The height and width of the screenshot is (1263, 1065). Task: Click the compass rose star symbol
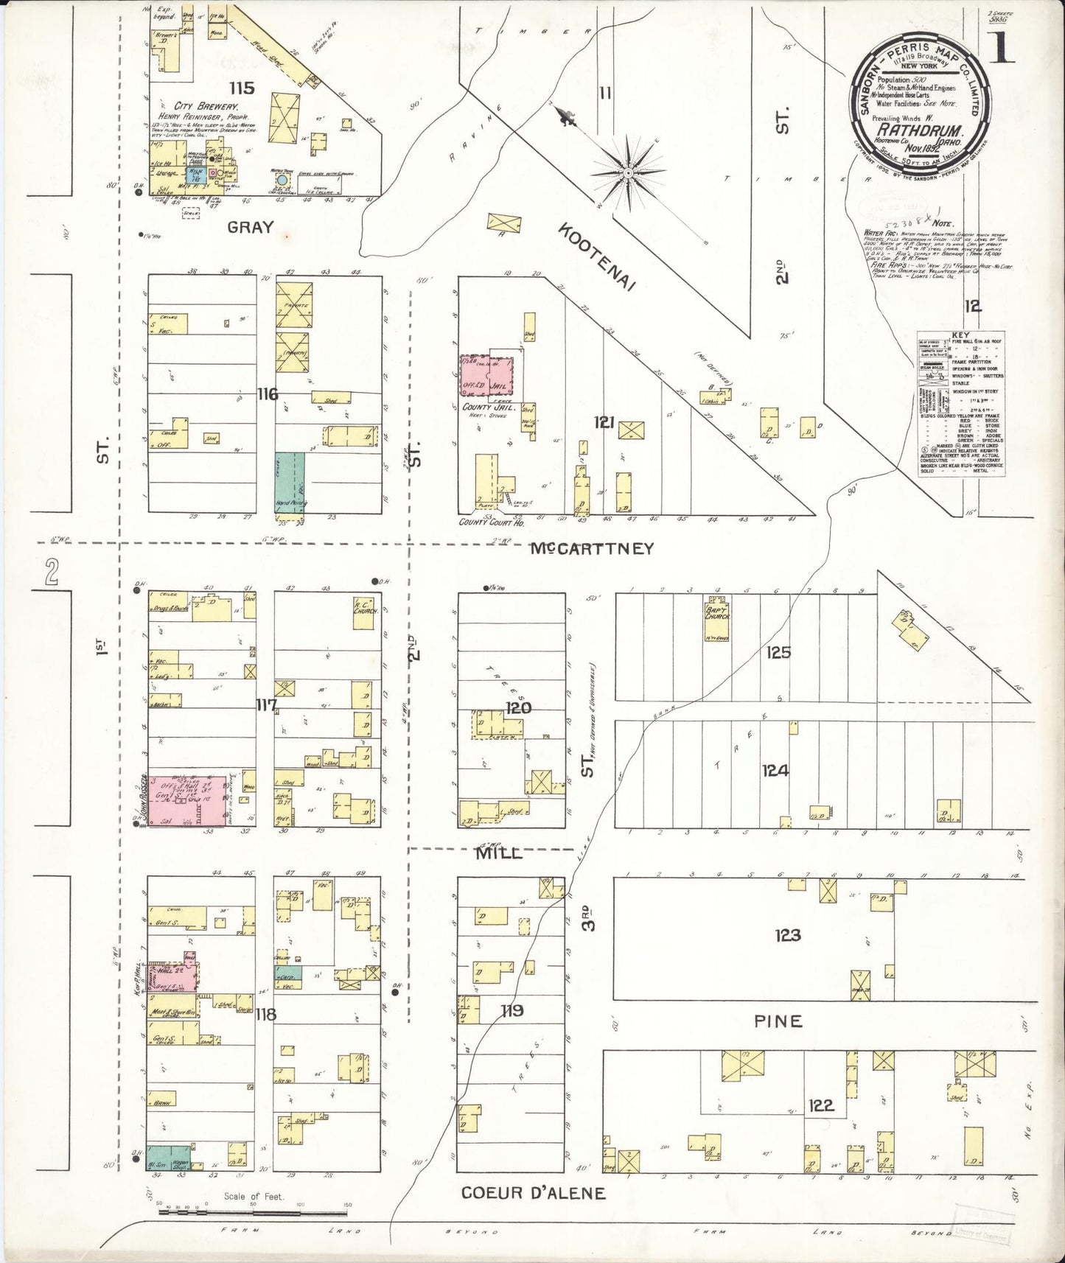pos(628,174)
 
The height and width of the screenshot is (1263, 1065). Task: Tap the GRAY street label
pos(250,227)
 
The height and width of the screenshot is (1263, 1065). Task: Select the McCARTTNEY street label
pos(593,548)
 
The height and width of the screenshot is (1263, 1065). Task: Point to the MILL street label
pos(499,853)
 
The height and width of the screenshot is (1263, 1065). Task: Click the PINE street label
pos(778,1021)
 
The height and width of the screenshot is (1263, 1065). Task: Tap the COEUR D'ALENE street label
pos(534,1192)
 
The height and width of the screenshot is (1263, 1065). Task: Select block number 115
pos(242,88)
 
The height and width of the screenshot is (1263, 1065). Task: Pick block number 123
pos(787,936)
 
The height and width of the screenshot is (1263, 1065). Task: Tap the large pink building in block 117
pos(188,800)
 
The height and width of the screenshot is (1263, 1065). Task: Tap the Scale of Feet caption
pos(254,1197)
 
